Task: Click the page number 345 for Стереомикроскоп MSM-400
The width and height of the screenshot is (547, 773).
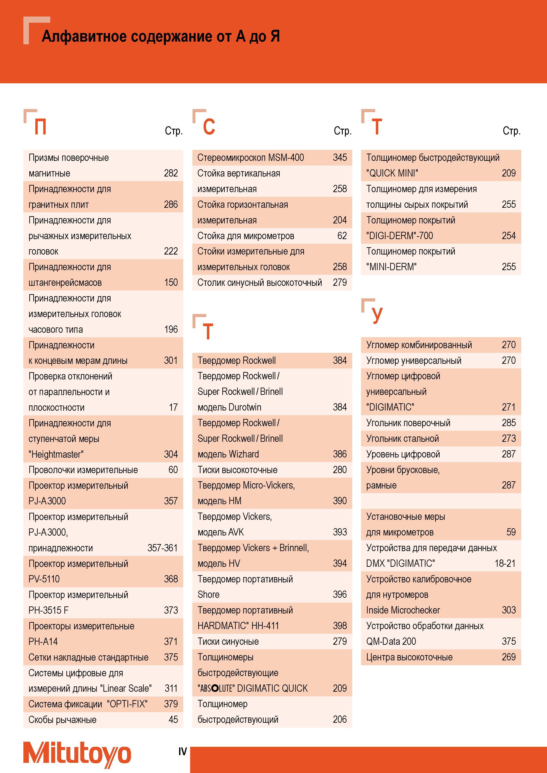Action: tap(340, 158)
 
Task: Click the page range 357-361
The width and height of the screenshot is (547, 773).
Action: tap(163, 548)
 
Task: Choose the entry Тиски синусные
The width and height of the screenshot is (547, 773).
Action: tap(228, 642)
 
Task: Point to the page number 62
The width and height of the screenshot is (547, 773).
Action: tap(342, 236)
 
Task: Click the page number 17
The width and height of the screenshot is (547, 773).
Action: tap(173, 407)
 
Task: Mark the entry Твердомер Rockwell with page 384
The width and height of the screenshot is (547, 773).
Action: tap(237, 360)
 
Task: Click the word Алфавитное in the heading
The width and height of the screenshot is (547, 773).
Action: tap(84, 36)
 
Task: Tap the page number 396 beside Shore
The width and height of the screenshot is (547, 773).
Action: tap(340, 595)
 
